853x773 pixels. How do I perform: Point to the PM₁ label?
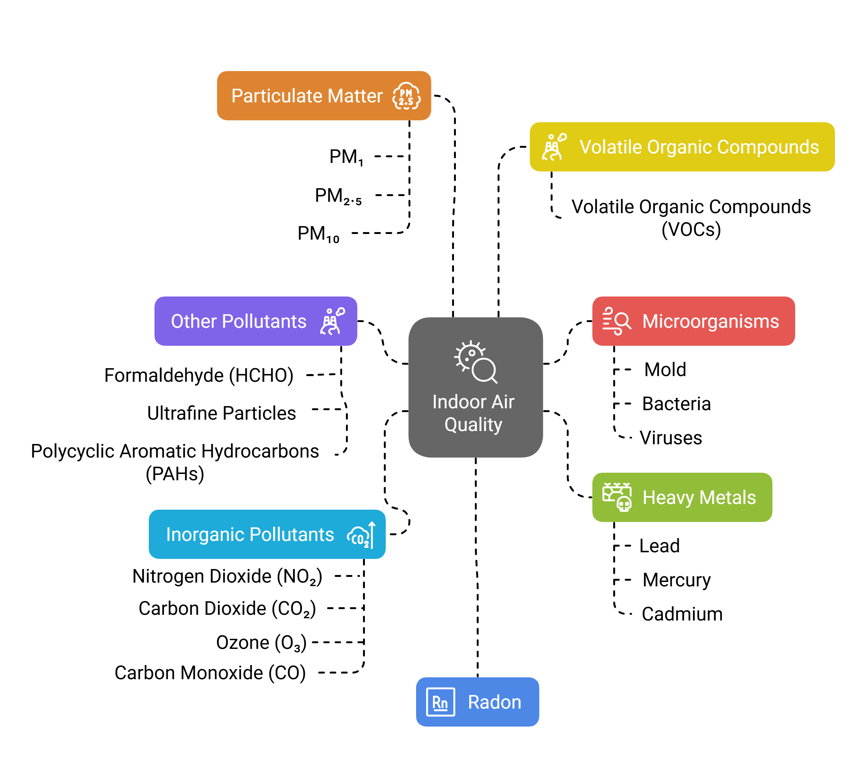point(346,157)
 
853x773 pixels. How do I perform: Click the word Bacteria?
point(676,404)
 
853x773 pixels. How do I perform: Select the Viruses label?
point(671,438)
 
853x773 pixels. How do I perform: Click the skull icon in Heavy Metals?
point(624,504)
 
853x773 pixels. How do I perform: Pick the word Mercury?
point(676,580)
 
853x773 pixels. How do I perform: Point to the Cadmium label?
point(682,614)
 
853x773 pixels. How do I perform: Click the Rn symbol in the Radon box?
point(440,702)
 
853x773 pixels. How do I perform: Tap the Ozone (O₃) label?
point(261,643)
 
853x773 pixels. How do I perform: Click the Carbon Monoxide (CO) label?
point(210,673)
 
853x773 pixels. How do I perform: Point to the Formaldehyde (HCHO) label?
point(199,375)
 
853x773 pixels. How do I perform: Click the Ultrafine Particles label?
point(221,413)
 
